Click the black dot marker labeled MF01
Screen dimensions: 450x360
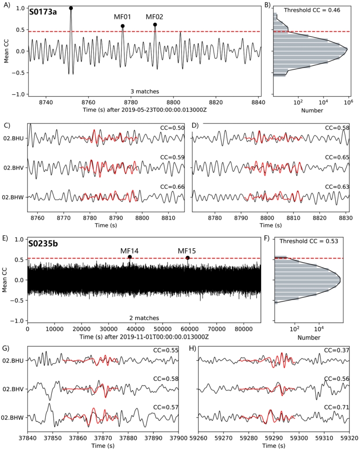pyautogui.click(x=123, y=26)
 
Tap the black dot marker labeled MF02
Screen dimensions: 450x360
pyautogui.click(x=155, y=25)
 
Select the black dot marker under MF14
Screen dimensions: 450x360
pyautogui.click(x=130, y=257)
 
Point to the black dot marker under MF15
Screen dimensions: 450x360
pyautogui.click(x=188, y=258)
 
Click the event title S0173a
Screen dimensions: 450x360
pyautogui.click(x=43, y=12)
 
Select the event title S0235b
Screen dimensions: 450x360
pyautogui.click(x=44, y=243)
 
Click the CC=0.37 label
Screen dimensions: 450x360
pyautogui.click(x=337, y=350)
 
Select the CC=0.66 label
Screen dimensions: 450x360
pyautogui.click(x=172, y=187)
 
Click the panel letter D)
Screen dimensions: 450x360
pyautogui.click(x=196, y=126)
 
